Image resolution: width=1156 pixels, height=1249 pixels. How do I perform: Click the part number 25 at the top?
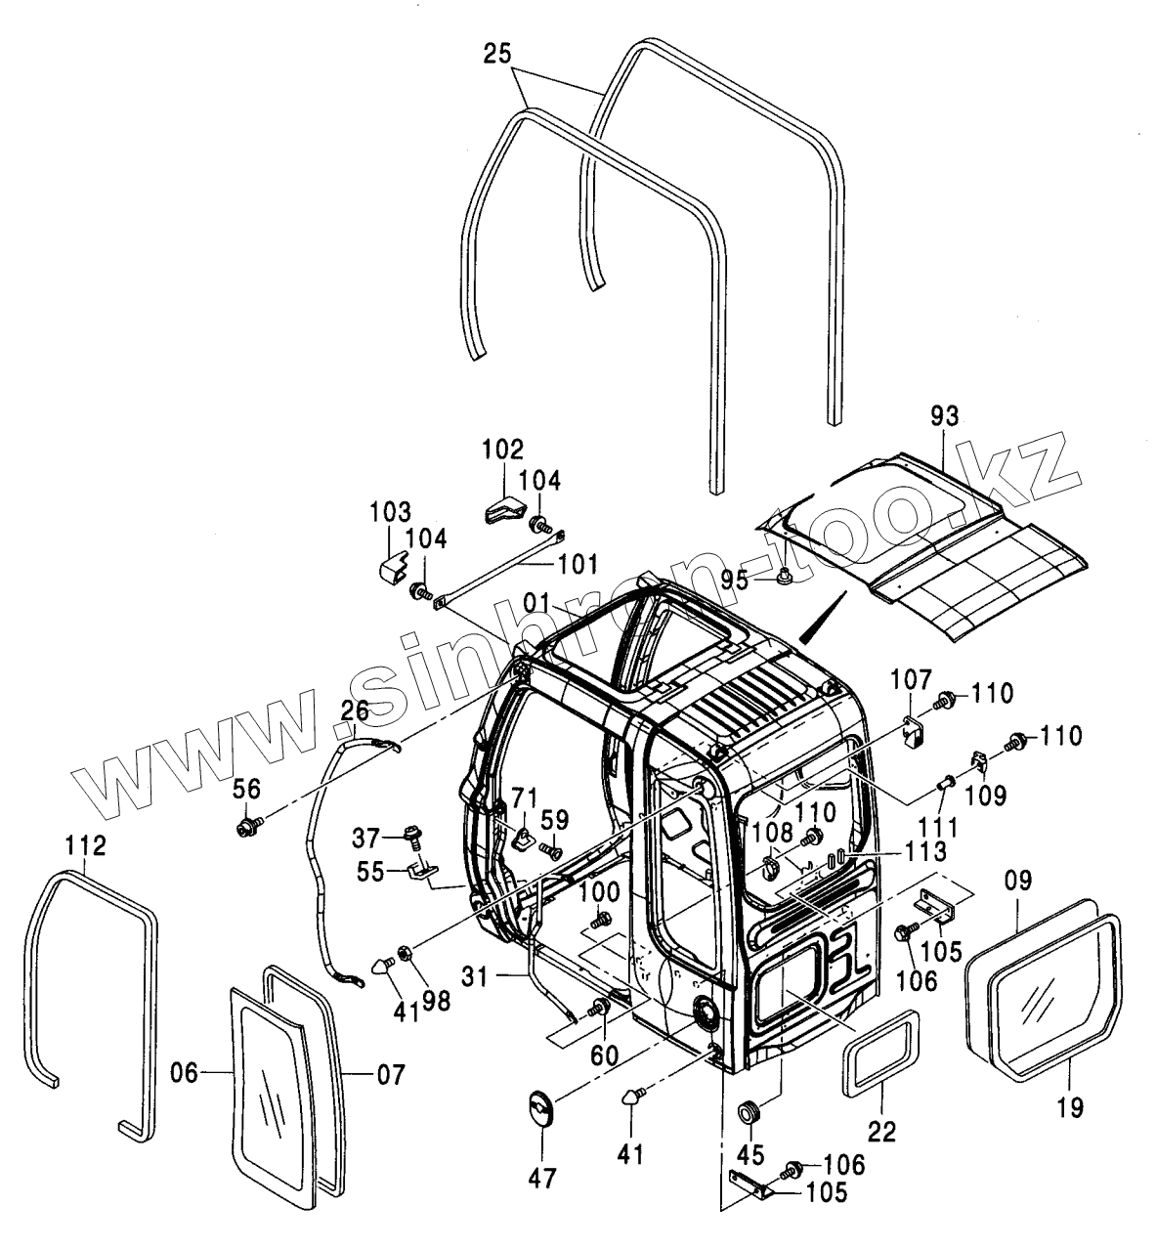(x=496, y=55)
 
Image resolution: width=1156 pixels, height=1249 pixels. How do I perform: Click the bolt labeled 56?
(x=244, y=829)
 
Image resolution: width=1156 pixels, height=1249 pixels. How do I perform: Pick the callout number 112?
(x=86, y=843)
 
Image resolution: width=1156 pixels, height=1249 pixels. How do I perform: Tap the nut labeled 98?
(x=406, y=952)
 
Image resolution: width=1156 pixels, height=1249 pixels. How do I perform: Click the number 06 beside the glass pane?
(x=189, y=1074)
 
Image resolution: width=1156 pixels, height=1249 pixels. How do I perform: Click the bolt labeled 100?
(x=603, y=919)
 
